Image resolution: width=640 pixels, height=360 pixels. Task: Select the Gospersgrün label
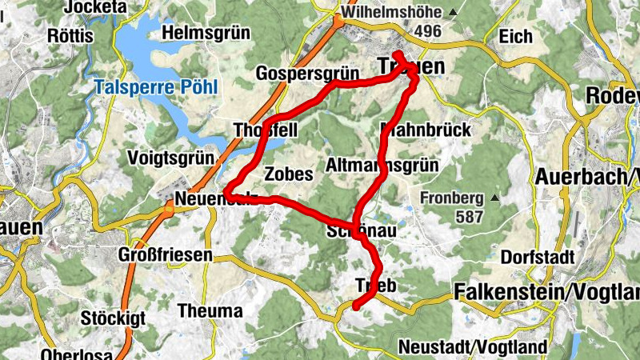click(306, 74)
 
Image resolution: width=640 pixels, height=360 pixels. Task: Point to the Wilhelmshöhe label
click(390, 13)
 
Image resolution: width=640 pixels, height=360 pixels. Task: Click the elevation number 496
click(429, 31)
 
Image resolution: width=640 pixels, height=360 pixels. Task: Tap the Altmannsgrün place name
click(382, 166)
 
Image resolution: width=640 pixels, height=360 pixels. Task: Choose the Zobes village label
click(287, 174)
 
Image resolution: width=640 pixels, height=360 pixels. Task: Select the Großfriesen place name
click(166, 255)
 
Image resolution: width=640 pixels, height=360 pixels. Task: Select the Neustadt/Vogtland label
click(472, 347)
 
